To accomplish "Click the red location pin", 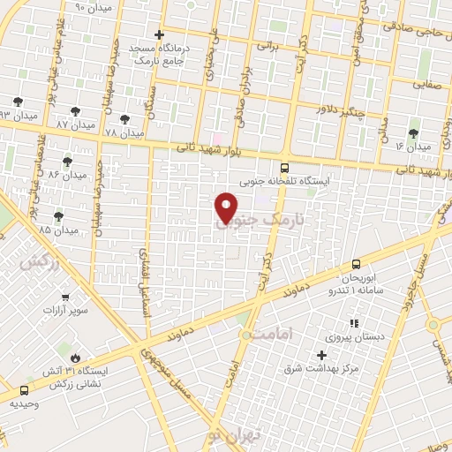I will point(227,207).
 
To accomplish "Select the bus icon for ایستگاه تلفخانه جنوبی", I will point(283,167).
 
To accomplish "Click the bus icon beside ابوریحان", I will point(356,263).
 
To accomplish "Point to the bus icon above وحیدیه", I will point(23,389).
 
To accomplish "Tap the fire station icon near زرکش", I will point(75,358).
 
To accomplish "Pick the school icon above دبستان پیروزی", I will point(354,324).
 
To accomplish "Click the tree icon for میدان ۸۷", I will point(75,111).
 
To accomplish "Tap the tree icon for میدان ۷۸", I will point(123,119).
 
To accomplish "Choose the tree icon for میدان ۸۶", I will point(67,162).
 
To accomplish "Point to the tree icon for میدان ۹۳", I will point(19,102).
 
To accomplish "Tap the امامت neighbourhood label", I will point(264,335).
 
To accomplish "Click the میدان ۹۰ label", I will point(93,7).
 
